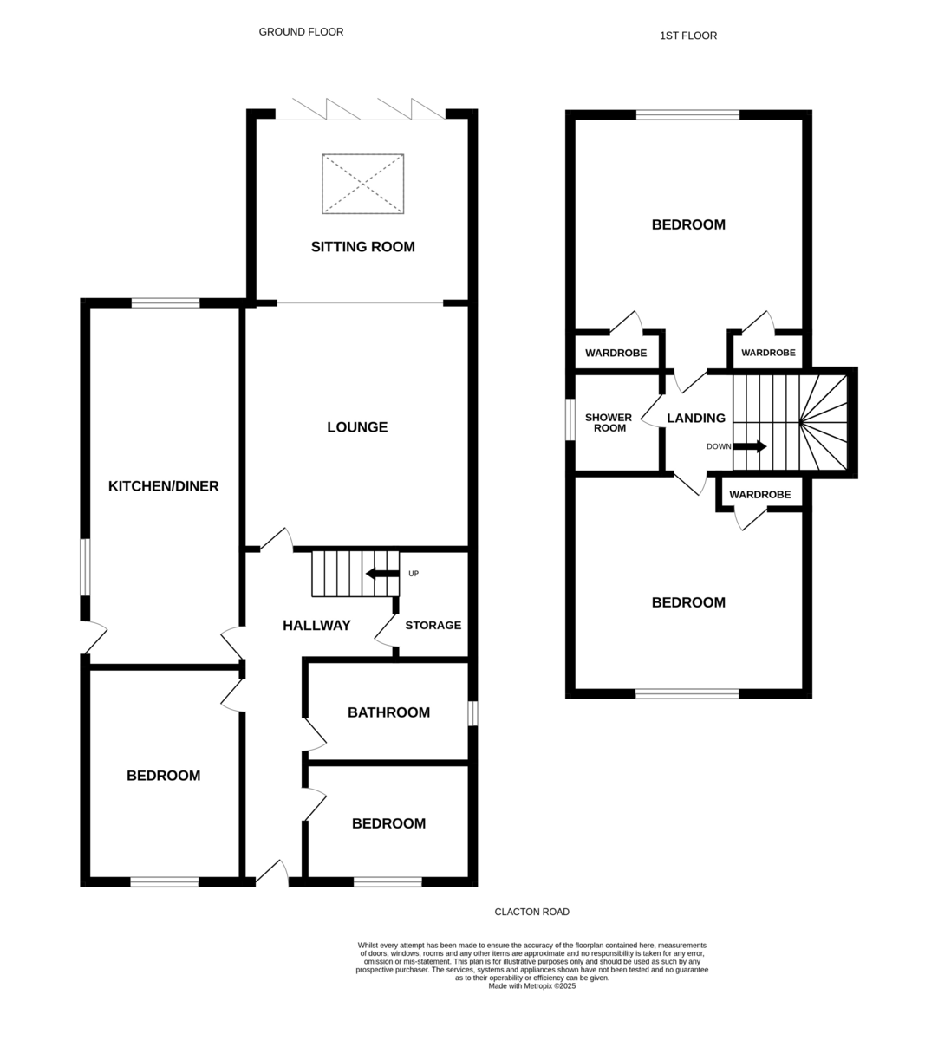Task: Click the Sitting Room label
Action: click(362, 247)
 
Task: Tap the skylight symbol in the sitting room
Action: click(362, 184)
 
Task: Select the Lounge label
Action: click(357, 427)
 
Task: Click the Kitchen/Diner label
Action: click(164, 486)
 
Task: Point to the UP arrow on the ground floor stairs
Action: click(383, 574)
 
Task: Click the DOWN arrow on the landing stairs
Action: click(750, 446)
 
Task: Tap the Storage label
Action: click(433, 625)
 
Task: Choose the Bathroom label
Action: click(388, 712)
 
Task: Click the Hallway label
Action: click(316, 625)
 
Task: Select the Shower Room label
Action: click(609, 423)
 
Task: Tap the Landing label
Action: click(696, 418)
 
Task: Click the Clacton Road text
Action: click(531, 912)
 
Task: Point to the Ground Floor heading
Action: click(301, 32)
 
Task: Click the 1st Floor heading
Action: click(688, 36)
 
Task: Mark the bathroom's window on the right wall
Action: click(472, 713)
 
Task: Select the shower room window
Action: click(570, 419)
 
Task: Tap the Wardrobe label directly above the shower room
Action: click(616, 353)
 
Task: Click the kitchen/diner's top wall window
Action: click(166, 303)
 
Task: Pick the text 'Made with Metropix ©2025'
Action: click(531, 986)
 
